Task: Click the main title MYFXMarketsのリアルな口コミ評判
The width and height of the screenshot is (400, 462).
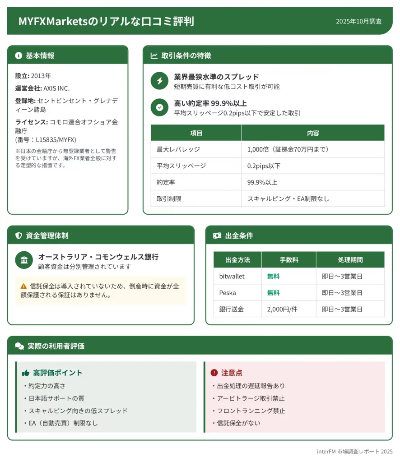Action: tap(106, 21)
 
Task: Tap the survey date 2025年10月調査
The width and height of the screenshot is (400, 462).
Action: tap(358, 21)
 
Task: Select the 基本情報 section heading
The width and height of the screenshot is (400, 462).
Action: tap(40, 55)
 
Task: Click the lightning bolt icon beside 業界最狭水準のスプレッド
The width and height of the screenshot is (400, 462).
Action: tap(159, 81)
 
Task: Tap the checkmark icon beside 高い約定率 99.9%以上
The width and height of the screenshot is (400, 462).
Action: tap(159, 107)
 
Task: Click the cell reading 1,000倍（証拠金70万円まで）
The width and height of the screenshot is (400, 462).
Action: tap(288, 149)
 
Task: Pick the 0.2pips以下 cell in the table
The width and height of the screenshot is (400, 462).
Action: tap(264, 166)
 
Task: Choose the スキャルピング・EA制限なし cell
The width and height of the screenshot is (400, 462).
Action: tap(288, 199)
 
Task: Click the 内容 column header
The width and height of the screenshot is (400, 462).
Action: tap(313, 133)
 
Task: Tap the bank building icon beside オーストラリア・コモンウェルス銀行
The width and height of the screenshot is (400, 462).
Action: tap(24, 260)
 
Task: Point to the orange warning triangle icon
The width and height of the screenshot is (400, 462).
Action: tap(23, 286)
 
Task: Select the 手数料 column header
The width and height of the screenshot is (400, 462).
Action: tap(289, 260)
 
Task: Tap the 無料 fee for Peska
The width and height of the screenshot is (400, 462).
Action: tap(273, 293)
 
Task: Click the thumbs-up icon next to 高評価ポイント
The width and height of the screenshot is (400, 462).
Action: tap(26, 373)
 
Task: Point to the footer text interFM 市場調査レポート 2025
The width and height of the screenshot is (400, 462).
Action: tap(354, 451)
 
